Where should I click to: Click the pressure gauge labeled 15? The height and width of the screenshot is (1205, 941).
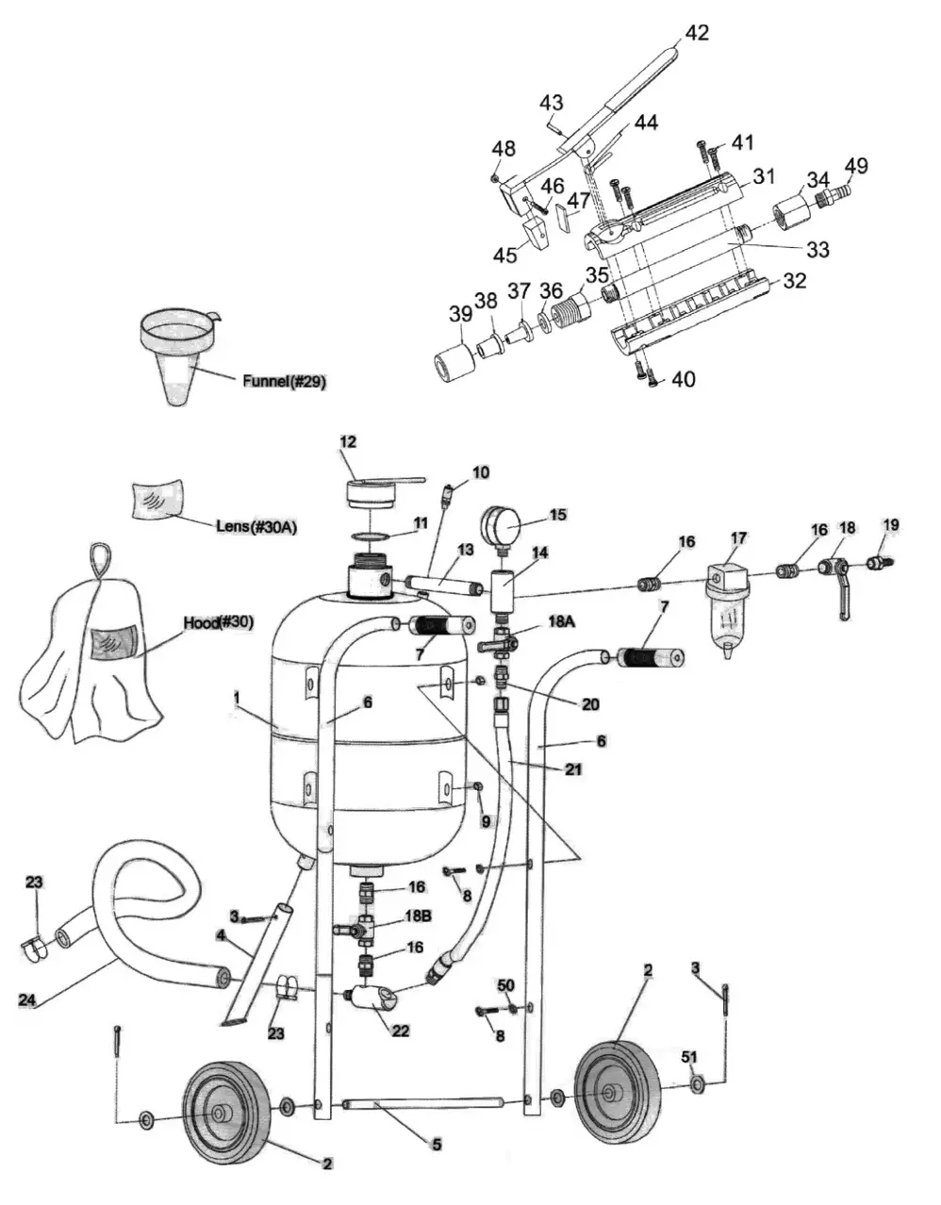tap(503, 523)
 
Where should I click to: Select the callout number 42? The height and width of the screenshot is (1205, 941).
tap(697, 33)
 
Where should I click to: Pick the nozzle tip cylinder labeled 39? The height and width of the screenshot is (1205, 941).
tap(454, 362)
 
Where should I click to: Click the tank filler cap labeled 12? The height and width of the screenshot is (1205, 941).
tap(369, 490)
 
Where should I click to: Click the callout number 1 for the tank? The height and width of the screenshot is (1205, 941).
tap(237, 697)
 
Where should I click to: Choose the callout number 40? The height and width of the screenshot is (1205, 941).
tap(683, 379)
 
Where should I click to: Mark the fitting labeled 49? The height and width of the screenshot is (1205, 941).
tap(834, 195)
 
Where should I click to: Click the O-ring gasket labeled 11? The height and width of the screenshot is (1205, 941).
tap(374, 536)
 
